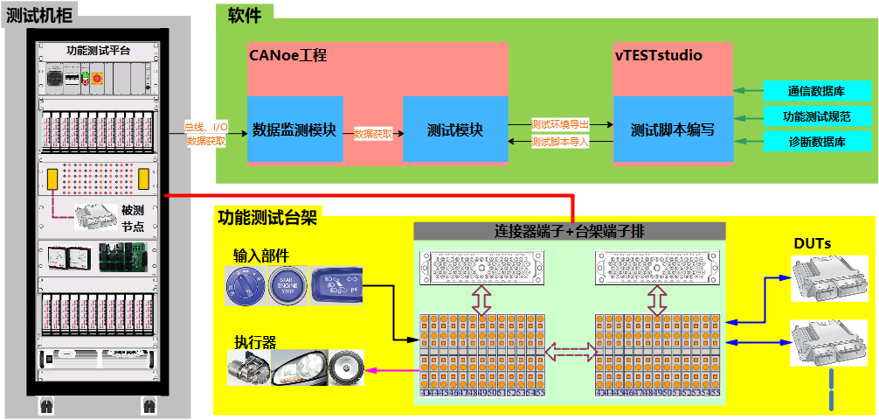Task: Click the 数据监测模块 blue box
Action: click(x=294, y=129)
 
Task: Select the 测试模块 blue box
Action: click(x=454, y=129)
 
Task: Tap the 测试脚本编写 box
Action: click(x=673, y=129)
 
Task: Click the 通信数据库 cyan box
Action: click(x=817, y=91)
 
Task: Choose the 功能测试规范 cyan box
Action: click(x=817, y=115)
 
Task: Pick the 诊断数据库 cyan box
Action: click(x=817, y=141)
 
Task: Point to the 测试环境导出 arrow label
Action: click(x=560, y=123)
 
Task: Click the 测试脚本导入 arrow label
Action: click(x=560, y=141)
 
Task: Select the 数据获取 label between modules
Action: click(x=373, y=134)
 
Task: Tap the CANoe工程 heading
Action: click(x=288, y=56)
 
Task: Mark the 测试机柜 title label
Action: click(x=40, y=14)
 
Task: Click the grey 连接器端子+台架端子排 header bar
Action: click(x=569, y=232)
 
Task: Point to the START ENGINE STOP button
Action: click(x=287, y=286)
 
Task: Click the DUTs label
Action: click(x=812, y=242)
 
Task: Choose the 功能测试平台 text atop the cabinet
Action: click(x=98, y=51)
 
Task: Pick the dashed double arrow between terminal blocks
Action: click(x=570, y=351)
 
